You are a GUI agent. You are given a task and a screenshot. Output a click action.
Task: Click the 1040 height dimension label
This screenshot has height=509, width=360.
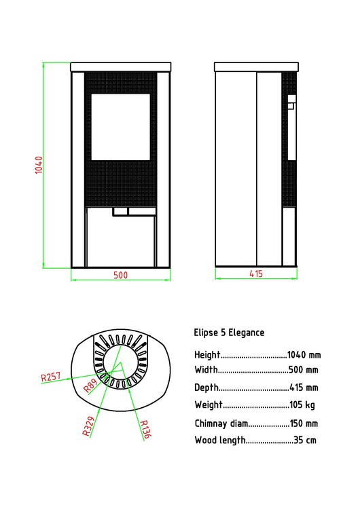pos(39,165)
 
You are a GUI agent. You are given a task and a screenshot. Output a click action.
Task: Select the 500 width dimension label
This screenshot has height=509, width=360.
pos(120,276)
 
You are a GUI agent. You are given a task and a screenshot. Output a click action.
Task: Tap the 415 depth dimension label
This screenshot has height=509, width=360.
pos(255,275)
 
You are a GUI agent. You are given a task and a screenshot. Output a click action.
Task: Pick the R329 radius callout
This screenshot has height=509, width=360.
pos(88,425)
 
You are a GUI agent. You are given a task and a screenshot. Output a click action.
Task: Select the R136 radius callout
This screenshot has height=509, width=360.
pos(144,430)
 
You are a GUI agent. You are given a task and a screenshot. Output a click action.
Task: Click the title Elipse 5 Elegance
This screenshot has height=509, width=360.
pos(229,333)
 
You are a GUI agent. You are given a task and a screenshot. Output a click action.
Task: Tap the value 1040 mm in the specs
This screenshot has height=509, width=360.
pos(304,355)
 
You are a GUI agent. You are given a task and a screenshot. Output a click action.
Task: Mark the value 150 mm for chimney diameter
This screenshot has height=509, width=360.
pos(304,423)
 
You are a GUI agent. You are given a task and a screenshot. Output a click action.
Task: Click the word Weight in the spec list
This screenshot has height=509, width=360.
pos(208,405)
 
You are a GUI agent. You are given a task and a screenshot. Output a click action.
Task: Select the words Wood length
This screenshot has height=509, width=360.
pos(219,440)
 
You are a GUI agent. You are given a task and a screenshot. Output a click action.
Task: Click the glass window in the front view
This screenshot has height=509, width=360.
pos(120,127)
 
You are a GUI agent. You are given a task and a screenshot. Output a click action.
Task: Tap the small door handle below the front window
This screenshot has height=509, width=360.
pos(120,211)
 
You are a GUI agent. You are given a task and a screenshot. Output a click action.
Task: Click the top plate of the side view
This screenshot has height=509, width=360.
pos(255,67)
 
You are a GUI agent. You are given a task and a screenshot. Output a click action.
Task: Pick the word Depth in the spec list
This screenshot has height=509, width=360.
pos(206,388)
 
